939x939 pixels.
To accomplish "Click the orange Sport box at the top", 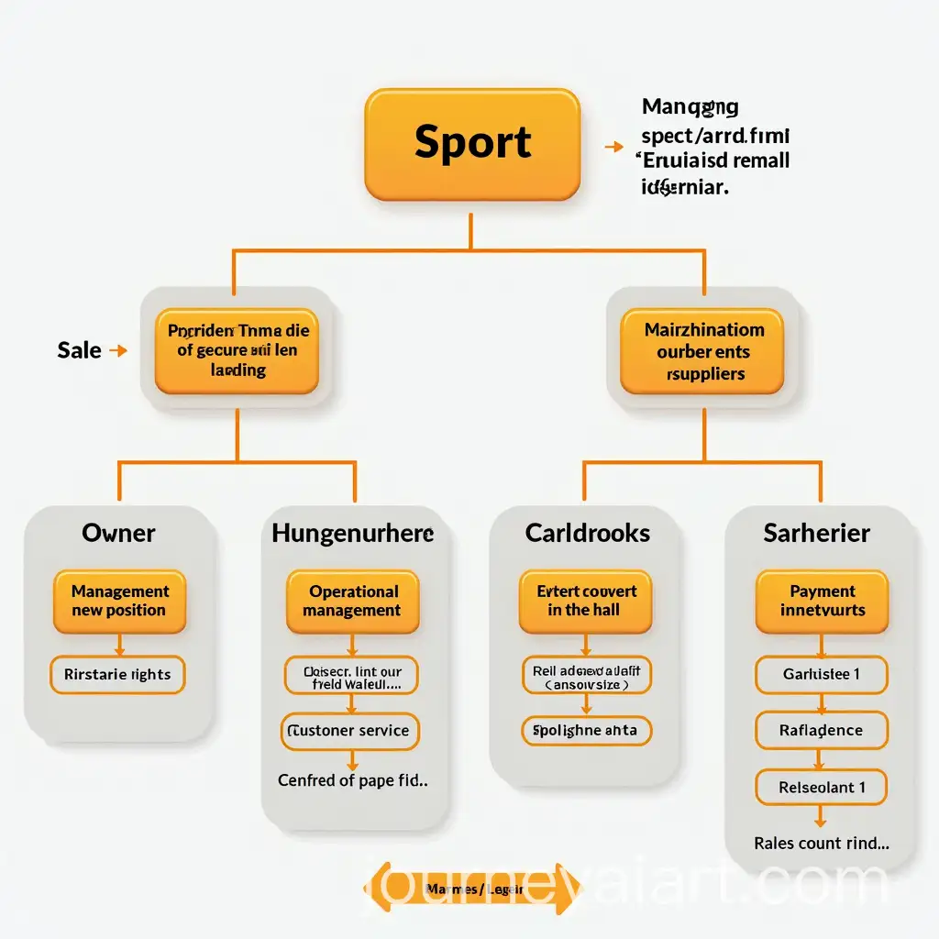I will click(472, 144).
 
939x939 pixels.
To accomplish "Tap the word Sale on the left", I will click(79, 349).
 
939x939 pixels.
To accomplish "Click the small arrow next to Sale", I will click(117, 349).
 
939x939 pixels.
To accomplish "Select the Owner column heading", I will click(118, 533).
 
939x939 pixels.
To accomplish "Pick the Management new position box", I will click(119, 602).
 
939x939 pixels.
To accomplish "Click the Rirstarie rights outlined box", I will click(117, 675).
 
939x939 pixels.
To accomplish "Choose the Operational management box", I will click(353, 602).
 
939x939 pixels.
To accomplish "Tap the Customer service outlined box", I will click(349, 731).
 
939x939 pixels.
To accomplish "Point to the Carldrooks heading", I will click(587, 533).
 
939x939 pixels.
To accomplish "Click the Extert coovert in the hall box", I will click(585, 602).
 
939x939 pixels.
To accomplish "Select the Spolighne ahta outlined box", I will click(585, 731).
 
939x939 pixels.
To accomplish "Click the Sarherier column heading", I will click(816, 533).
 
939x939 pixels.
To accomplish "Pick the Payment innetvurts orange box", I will click(822, 602).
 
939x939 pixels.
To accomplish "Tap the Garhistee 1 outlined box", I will click(821, 675).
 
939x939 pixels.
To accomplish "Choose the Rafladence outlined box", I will click(821, 731).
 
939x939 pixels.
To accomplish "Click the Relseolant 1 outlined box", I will click(821, 787).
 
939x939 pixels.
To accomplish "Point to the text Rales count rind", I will click(821, 844).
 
